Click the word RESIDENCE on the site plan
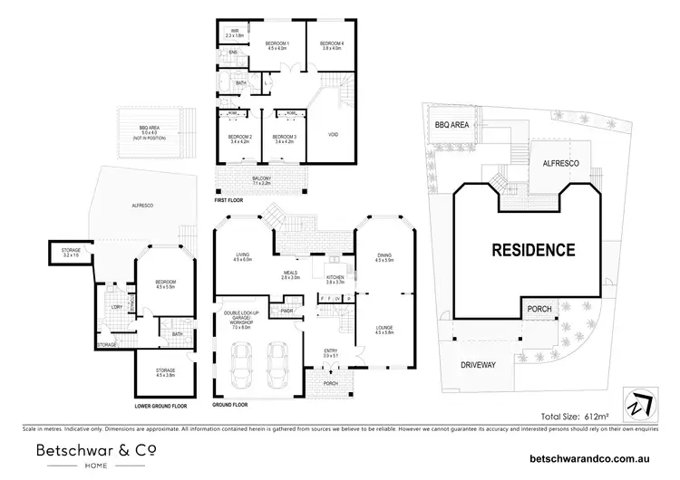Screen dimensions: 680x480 (x=533, y=249)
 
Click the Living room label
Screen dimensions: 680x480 (x=242, y=257)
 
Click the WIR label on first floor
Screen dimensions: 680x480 (x=234, y=30)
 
